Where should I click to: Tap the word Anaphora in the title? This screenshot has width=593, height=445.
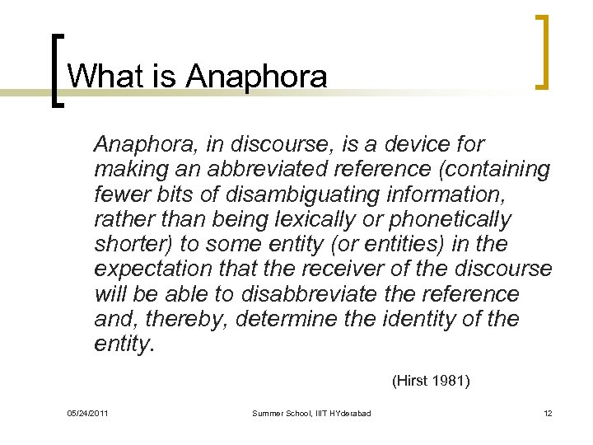257,77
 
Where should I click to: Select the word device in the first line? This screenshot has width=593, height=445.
419,145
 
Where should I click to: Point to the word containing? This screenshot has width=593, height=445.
496,170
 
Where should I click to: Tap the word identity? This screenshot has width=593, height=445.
425,318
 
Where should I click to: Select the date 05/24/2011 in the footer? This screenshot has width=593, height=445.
87,412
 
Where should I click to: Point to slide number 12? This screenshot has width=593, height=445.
548,412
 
